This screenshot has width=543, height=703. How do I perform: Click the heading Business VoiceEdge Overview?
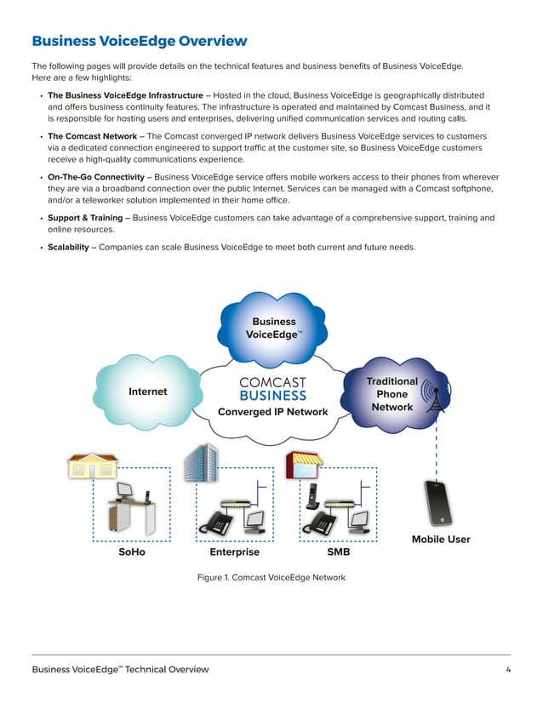[x=140, y=41]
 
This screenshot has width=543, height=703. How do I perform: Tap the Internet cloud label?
[x=147, y=392]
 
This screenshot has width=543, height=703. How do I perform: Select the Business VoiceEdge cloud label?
[x=272, y=329]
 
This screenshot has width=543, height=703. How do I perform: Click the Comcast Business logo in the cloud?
[x=272, y=389]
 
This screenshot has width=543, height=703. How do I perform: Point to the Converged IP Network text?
[x=272, y=412]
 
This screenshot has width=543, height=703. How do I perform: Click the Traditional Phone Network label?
[x=392, y=394]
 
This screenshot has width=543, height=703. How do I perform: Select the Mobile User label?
[x=441, y=540]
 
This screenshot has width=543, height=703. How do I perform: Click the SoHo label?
[x=132, y=552]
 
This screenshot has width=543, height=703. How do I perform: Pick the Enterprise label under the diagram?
[x=233, y=552]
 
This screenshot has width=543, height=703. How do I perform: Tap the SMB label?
[x=339, y=552]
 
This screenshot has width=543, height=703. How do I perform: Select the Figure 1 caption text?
[x=271, y=577]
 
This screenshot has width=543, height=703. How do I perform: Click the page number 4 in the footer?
[x=507, y=670]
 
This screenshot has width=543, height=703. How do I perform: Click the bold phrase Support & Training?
[x=85, y=218]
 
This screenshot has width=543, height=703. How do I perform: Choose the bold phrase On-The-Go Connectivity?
[x=96, y=177]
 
